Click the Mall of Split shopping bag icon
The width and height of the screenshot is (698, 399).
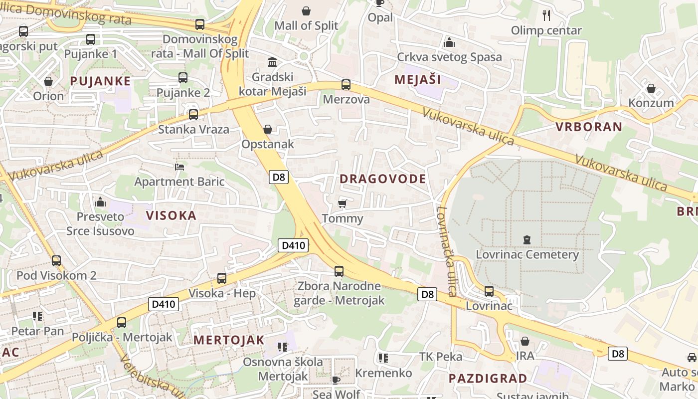click(306, 10)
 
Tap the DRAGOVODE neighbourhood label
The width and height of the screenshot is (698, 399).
click(383, 179)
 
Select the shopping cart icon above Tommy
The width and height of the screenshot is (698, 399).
click(342, 203)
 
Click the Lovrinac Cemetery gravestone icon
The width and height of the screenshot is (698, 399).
click(527, 240)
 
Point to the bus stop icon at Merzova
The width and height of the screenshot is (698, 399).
click(346, 85)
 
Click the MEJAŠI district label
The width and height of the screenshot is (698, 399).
click(418, 79)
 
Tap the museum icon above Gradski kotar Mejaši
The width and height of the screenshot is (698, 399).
click(272, 62)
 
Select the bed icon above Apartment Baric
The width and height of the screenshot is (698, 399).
click(179, 167)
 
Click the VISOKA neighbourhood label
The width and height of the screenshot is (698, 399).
click(171, 215)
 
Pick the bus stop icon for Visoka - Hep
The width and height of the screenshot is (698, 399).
click(222, 278)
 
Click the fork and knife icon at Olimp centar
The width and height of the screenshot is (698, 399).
click(546, 15)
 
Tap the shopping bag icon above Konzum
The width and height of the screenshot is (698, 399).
click(651, 89)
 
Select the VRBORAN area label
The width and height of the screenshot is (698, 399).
click(589, 127)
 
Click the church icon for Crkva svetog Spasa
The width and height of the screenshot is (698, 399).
click(449, 42)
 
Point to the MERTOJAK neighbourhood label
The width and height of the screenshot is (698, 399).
click(228, 340)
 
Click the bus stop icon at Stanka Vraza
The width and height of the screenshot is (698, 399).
click(193, 115)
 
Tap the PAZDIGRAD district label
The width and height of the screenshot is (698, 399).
click(488, 378)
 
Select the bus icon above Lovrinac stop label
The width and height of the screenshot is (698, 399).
click(489, 291)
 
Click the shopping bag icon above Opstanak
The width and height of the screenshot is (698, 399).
click(268, 129)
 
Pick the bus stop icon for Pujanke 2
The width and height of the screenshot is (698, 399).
click(183, 78)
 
